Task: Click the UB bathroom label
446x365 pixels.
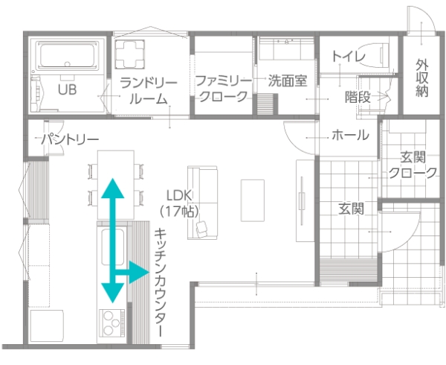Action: point(68,89)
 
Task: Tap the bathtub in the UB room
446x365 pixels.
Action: point(68,55)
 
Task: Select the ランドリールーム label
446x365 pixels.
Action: point(149,91)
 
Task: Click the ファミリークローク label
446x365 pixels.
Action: point(224,89)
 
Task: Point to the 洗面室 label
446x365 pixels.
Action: point(288,80)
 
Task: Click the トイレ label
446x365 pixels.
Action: point(349,57)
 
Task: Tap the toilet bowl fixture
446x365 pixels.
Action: point(375,55)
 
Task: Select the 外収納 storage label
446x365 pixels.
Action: point(421,78)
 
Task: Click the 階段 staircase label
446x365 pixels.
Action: point(358,97)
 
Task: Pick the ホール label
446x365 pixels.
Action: point(350,135)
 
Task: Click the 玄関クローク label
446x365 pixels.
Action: point(413,165)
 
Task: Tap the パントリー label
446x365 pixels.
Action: point(70,139)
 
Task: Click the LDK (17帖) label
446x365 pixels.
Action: point(179,203)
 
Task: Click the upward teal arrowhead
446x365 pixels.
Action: point(113,188)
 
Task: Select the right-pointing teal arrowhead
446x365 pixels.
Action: point(139,272)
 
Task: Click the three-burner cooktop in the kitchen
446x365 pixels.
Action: point(111,323)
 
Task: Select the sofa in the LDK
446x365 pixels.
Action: point(202,203)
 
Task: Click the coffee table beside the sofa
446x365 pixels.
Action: point(253,200)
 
